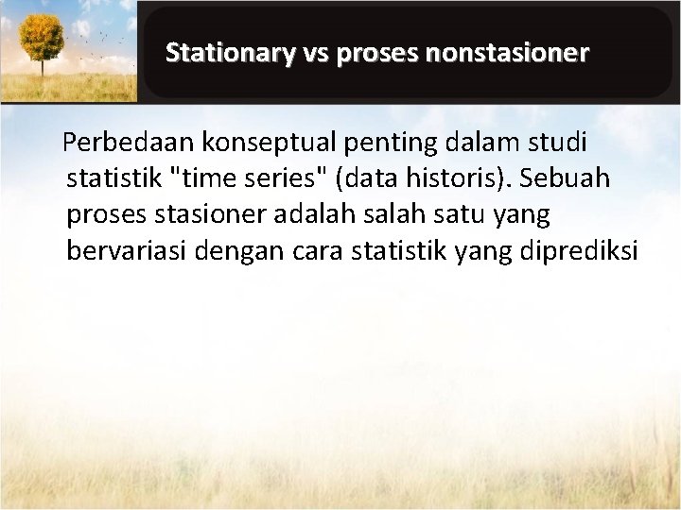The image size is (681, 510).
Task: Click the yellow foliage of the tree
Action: [x=43, y=36]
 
